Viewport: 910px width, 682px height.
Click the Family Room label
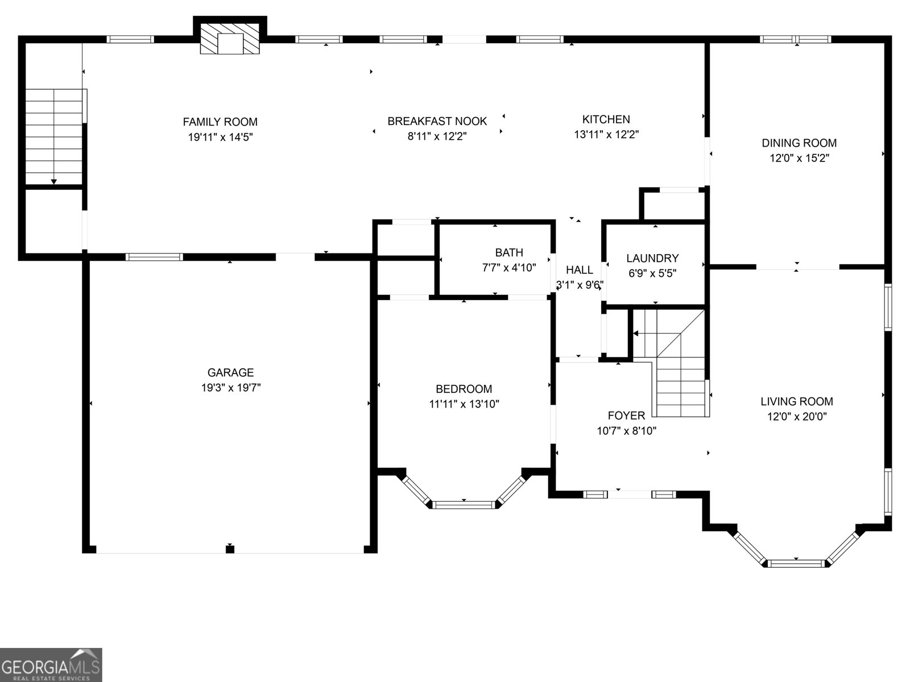(220, 122)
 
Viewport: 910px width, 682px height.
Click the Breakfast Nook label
(437, 121)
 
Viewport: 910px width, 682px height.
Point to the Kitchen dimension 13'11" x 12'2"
(606, 135)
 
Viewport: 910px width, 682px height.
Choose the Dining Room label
(799, 143)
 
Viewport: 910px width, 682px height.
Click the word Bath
(508, 252)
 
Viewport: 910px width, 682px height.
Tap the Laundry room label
(652, 258)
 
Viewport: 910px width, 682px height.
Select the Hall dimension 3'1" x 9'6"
(579, 285)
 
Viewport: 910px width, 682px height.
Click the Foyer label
(626, 415)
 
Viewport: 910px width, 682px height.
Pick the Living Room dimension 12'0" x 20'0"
(796, 417)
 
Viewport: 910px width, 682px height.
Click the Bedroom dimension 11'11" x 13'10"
(464, 404)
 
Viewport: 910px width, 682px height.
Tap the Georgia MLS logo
(51, 664)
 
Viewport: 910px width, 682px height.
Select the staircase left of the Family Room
(54, 136)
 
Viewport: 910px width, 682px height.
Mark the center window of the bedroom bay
(464, 504)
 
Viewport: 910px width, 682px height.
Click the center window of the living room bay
(796, 563)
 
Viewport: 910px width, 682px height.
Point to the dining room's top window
(796, 39)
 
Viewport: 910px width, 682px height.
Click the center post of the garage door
(230, 548)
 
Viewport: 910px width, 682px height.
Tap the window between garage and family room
(154, 257)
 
